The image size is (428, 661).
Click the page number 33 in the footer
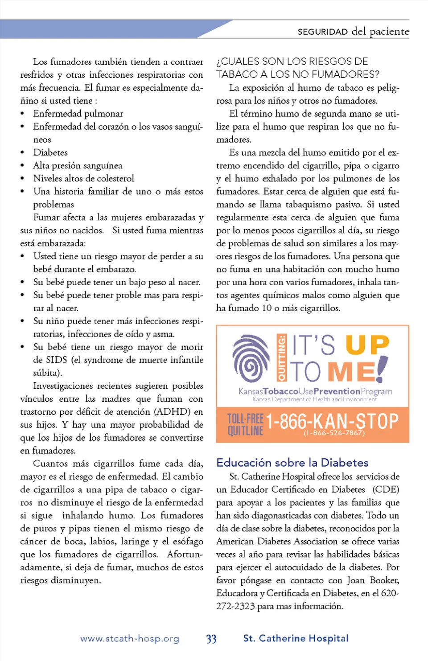click(x=211, y=639)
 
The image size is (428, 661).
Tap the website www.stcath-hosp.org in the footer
click(x=130, y=639)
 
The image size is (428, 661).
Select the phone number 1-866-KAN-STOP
click(x=332, y=421)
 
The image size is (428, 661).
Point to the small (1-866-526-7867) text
click(x=334, y=433)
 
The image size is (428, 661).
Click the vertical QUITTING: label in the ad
click(x=281, y=358)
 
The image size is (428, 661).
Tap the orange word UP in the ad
click(x=367, y=345)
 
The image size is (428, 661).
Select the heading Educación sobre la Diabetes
click(x=292, y=462)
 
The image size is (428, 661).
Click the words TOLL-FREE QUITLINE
click(x=245, y=424)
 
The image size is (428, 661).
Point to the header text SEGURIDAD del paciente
click(x=353, y=31)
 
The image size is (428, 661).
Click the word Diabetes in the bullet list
click(x=50, y=152)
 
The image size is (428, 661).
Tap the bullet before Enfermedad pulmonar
click(x=22, y=114)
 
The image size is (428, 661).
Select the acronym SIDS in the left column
click(x=57, y=360)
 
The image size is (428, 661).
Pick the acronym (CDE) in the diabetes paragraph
click(x=386, y=489)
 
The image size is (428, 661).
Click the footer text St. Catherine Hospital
click(x=296, y=638)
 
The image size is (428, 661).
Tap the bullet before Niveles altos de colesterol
click(x=22, y=179)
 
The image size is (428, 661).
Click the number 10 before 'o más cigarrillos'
click(x=266, y=308)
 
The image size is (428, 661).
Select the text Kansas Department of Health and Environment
click(x=314, y=399)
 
